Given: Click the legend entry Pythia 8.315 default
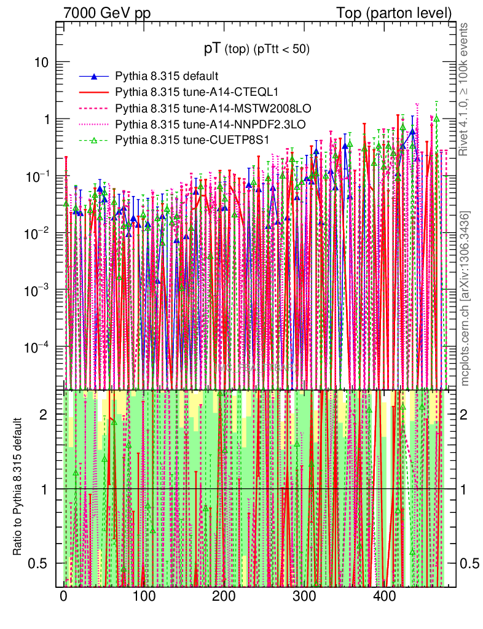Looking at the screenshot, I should [167, 77].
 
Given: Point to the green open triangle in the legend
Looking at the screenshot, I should [94, 141].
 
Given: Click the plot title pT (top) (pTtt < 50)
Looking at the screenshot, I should [257, 49].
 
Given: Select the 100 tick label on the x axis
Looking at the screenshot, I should [144, 596].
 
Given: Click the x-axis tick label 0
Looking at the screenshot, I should [64, 596].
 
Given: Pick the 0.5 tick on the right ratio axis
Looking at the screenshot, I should [471, 563].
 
